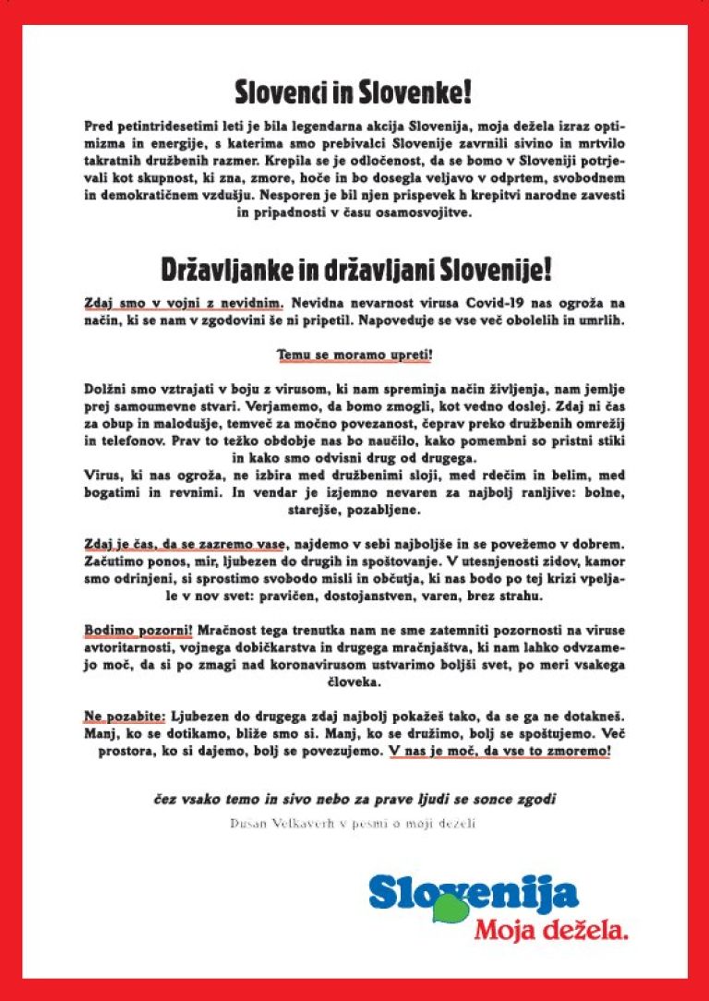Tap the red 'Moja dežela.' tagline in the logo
(552, 928)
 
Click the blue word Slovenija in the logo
(474, 893)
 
